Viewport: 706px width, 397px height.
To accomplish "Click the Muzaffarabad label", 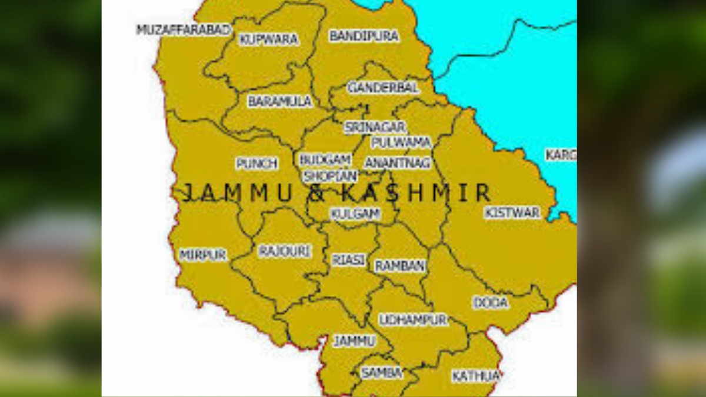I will pyautogui.click(x=183, y=30).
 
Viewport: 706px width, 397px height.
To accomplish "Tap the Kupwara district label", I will pyautogui.click(x=268, y=40).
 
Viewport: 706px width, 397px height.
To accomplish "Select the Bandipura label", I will pyautogui.click(x=364, y=36).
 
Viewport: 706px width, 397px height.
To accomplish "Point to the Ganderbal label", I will pyautogui.click(x=383, y=88).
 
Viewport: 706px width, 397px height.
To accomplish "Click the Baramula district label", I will pyautogui.click(x=279, y=102).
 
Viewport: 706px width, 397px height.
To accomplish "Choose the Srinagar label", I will pyautogui.click(x=375, y=127).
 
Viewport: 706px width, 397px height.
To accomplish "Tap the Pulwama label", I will pyautogui.click(x=401, y=143).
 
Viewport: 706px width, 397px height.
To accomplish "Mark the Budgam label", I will pyautogui.click(x=325, y=160).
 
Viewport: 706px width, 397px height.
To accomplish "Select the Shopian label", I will pyautogui.click(x=329, y=176).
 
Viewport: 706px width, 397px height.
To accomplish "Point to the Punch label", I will pyautogui.click(x=257, y=164).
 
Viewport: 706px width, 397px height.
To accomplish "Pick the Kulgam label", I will pyautogui.click(x=355, y=215).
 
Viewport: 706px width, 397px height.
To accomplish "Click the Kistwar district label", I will pyautogui.click(x=512, y=213).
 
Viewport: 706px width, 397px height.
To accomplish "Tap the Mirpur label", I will pyautogui.click(x=202, y=255).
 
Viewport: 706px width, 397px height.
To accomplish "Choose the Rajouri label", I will pyautogui.click(x=285, y=252).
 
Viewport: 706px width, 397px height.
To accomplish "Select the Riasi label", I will pyautogui.click(x=348, y=260).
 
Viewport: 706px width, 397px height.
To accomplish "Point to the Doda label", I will pyautogui.click(x=491, y=303).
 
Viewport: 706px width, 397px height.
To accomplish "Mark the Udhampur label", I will pyautogui.click(x=413, y=320).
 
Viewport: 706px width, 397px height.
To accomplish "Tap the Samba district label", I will pyautogui.click(x=381, y=373).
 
